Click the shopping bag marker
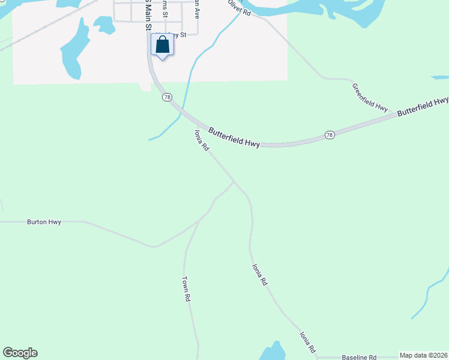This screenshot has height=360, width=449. coord(162,45)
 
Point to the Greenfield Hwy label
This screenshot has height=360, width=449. coord(370,97)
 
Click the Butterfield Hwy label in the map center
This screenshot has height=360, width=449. coord(234,137)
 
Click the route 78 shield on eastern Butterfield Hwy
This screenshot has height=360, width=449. coord(330,135)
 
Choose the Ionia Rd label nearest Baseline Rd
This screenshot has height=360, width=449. coord(308,341)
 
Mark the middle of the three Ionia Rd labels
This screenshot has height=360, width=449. coord(259,274)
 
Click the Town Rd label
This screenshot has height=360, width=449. coord(186,289)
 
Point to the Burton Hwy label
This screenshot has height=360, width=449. coord(44,222)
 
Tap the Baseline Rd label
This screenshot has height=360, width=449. coord(359,356)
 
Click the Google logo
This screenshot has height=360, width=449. coord(20,353)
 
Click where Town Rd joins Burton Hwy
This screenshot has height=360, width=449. coord(198,221)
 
